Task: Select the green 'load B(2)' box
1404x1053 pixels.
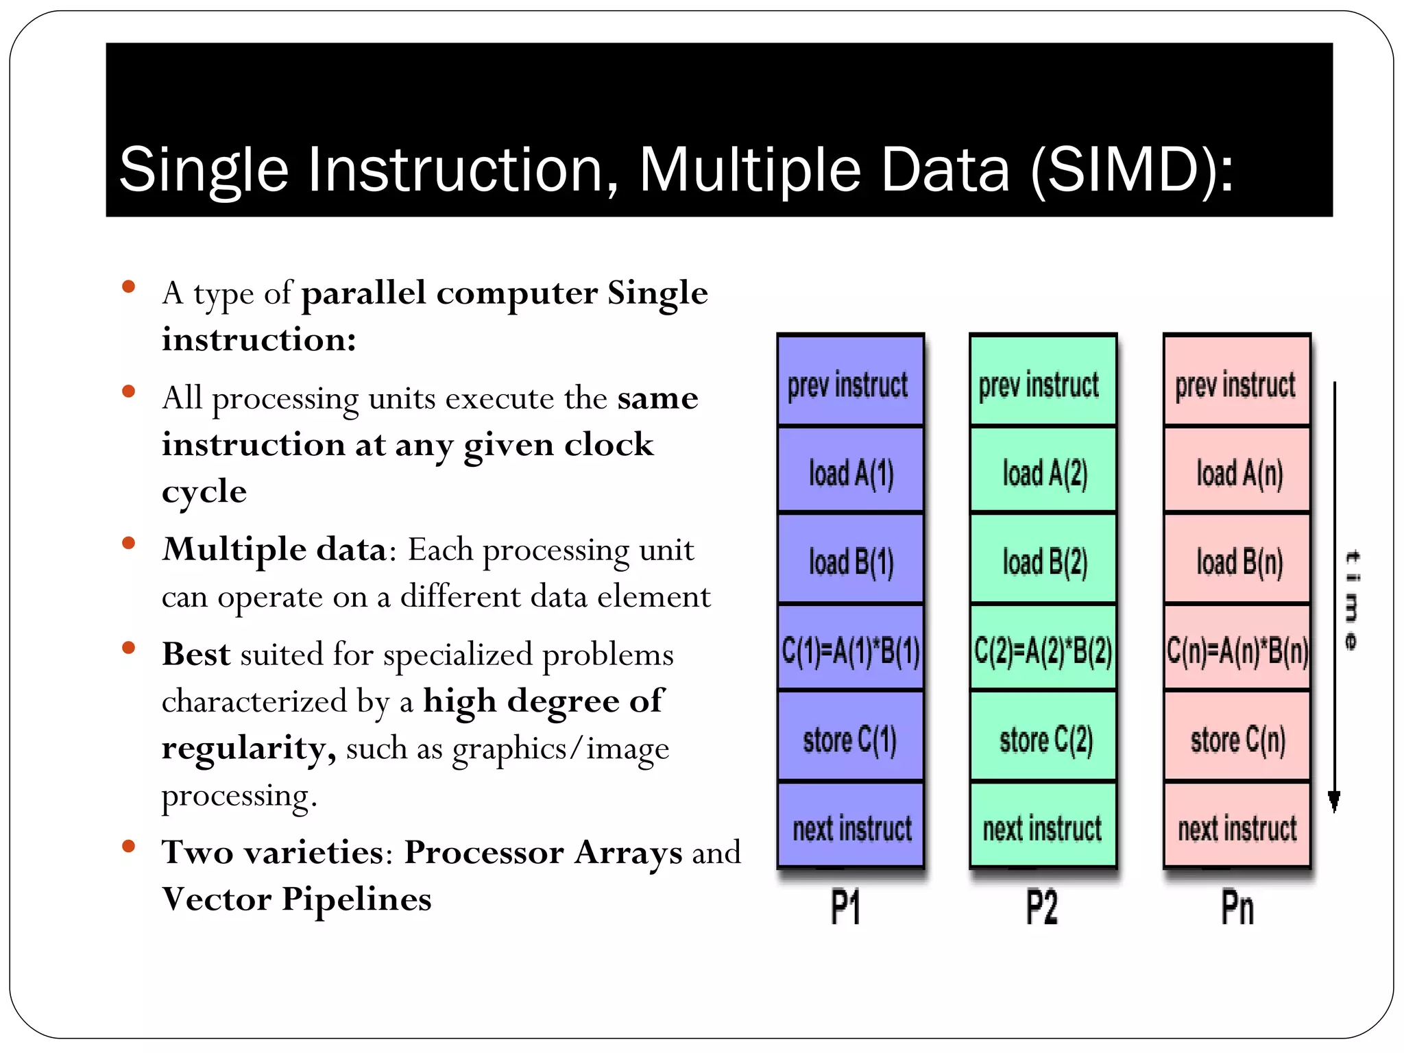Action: point(1043,561)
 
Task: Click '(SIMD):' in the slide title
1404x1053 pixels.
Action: point(1131,169)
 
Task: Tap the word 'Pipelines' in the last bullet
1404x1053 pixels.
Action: point(356,899)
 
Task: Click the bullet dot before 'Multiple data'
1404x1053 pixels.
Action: point(128,544)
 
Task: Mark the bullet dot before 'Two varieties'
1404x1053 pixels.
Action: point(128,846)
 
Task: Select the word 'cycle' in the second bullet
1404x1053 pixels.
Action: point(204,492)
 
